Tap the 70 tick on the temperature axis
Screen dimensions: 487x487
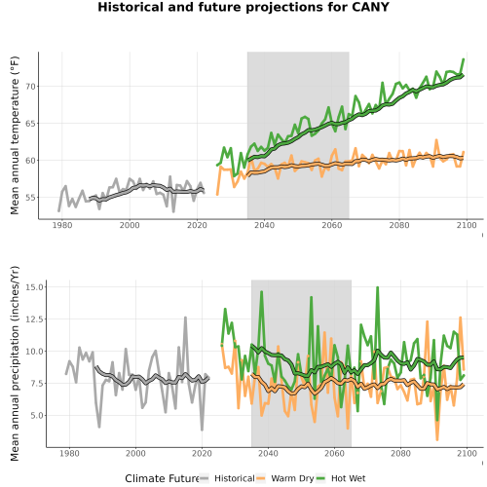(30, 87)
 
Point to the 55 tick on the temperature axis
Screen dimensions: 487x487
(30, 198)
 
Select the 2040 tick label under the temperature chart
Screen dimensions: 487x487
(264, 225)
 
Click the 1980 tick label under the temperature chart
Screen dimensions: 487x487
(62, 225)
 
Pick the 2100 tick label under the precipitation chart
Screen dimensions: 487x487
(467, 453)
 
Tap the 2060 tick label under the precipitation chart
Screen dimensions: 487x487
(334, 453)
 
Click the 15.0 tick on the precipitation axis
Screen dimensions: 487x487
(36, 287)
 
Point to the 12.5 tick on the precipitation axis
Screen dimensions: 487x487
(36, 319)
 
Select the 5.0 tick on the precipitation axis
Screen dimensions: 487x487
(38, 416)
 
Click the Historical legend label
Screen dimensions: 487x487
(235, 478)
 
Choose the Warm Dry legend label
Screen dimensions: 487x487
(292, 478)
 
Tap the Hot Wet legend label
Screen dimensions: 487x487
(349, 478)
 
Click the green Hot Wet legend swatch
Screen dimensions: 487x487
(320, 478)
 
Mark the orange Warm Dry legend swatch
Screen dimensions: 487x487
(261, 478)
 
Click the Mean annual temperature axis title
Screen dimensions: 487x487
(15, 135)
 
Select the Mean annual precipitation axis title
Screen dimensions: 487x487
(15, 363)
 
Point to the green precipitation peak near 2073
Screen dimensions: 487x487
(377, 287)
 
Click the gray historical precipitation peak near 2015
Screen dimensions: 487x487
(185, 318)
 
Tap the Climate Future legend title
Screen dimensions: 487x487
(162, 478)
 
